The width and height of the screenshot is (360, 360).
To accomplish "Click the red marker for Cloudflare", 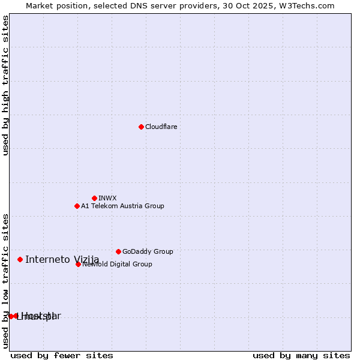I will point(141,127).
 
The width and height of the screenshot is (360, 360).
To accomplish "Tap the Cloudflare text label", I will point(161,127).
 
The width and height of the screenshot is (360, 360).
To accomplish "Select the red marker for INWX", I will point(94,198).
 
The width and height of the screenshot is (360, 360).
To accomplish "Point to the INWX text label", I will point(107,199).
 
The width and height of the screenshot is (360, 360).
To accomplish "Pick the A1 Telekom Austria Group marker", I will point(77,206).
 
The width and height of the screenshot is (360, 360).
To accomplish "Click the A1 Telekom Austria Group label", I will point(122,206).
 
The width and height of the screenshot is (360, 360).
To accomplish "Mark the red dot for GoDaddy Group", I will point(118,251).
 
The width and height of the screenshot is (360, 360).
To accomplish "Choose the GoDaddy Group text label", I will point(148,252).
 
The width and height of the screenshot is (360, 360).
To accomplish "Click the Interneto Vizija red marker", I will point(20,259).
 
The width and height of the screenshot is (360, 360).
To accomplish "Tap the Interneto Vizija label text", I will point(62,260).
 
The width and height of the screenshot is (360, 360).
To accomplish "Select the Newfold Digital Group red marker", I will point(78,264).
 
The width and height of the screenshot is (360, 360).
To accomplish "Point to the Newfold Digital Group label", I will point(117,265).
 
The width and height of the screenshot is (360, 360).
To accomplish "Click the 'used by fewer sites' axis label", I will point(62,356).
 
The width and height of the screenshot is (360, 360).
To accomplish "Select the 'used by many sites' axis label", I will point(301,356).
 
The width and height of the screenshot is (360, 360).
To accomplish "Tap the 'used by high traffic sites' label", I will point(5,85).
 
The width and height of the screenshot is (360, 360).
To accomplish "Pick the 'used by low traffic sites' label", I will point(5,281).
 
